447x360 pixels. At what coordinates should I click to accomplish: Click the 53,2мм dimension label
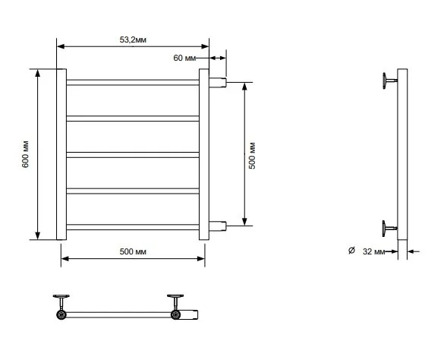point(133,40)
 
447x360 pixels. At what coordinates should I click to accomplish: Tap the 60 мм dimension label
point(184,58)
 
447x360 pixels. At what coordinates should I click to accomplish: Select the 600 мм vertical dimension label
point(25,154)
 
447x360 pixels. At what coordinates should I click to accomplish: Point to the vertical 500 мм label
point(252,156)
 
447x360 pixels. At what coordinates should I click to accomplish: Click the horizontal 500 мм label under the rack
point(133,251)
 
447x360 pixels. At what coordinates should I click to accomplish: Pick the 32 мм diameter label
point(373,251)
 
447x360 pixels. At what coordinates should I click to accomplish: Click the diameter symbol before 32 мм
point(351,251)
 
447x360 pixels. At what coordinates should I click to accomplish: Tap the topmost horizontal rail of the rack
point(133,83)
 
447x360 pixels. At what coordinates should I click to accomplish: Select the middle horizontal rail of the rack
point(133,155)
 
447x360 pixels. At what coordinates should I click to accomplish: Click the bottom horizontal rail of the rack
point(133,227)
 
